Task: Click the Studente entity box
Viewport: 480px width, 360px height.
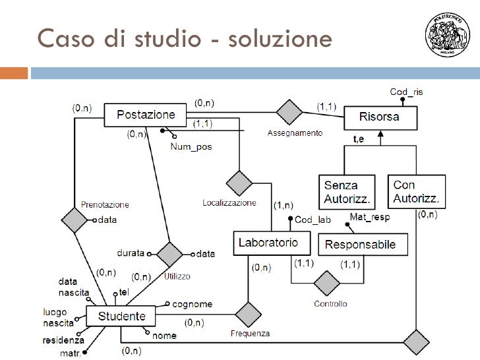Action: click(121, 316)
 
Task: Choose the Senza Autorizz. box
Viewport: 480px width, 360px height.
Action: click(347, 191)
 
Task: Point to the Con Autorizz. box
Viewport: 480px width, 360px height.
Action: click(417, 191)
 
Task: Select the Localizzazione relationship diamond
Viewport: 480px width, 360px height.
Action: click(239, 181)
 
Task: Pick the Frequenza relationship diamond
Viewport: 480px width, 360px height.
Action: click(249, 315)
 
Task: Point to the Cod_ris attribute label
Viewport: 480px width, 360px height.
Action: click(407, 92)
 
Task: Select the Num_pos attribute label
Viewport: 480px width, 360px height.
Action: click(191, 147)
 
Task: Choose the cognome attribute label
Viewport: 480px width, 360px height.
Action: click(192, 304)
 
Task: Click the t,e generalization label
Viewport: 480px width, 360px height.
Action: click(359, 139)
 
